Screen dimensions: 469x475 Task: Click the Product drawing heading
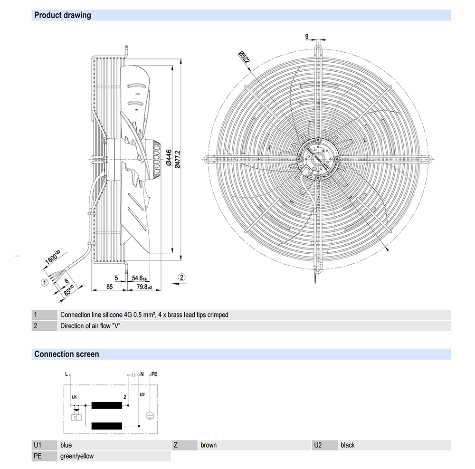(x=62, y=15)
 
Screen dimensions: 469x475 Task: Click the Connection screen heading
(x=66, y=354)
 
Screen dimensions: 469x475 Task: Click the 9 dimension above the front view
(x=307, y=36)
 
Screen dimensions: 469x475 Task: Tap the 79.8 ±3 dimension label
(x=143, y=287)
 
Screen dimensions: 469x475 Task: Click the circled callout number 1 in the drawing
(x=44, y=282)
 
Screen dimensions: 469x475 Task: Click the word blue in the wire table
(x=66, y=445)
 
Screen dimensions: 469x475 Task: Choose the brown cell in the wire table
(x=209, y=445)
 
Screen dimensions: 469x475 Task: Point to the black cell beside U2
(x=348, y=445)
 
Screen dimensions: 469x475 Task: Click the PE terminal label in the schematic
(x=154, y=374)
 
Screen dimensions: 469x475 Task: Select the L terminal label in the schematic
(x=66, y=374)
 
